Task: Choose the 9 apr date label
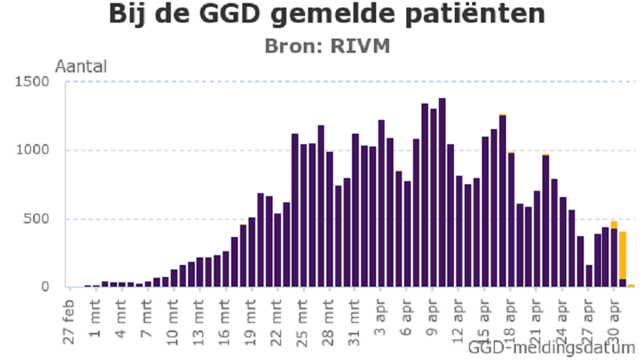tap(433, 318)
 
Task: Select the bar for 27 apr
tap(588, 275)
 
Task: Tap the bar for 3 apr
tap(381, 204)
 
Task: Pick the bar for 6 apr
tap(407, 234)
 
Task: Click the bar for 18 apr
tap(511, 220)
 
